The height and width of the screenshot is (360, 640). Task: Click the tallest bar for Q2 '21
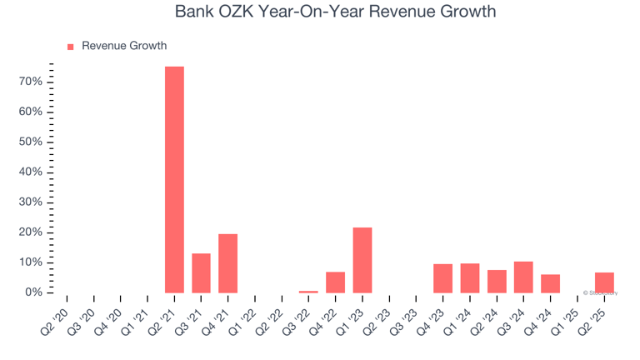(174, 179)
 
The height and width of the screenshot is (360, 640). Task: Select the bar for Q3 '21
(201, 272)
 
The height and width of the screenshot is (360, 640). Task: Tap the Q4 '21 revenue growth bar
(227, 263)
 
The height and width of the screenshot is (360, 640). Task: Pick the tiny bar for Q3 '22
(308, 291)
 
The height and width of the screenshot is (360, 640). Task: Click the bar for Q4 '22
(335, 282)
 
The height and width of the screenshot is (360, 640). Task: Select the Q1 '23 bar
(362, 260)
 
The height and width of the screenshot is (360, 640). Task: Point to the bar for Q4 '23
(442, 278)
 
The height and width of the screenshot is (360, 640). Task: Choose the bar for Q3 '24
(523, 277)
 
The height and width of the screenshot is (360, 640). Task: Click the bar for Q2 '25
(604, 282)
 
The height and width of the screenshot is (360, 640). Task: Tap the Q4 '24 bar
(550, 283)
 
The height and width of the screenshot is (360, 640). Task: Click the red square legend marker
(70, 47)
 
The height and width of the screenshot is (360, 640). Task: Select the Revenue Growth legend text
(124, 46)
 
